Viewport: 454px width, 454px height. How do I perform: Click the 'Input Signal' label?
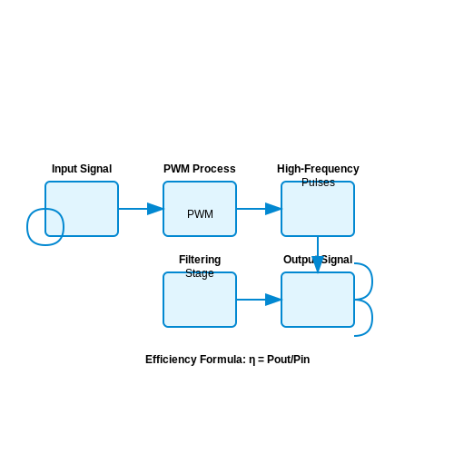(82, 169)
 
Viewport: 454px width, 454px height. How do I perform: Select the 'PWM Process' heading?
(200, 169)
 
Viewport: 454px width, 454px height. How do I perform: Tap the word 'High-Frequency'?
(318, 169)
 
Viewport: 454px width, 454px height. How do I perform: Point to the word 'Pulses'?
(318, 183)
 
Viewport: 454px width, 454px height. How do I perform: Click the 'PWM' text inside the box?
(200, 214)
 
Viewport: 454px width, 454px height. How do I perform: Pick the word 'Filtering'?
(200, 260)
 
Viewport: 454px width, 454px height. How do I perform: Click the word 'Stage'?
(200, 273)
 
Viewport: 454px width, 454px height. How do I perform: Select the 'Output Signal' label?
(318, 260)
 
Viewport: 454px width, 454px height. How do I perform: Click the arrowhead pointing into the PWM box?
(155, 209)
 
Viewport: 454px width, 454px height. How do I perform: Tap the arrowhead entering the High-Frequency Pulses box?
(273, 209)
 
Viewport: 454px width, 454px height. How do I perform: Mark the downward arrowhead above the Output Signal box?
(318, 264)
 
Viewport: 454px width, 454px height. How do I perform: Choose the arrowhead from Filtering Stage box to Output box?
(273, 300)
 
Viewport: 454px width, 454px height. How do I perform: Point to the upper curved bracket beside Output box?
(372, 281)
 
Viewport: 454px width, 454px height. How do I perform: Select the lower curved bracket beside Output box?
(372, 318)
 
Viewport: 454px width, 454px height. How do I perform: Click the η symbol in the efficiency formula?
(252, 360)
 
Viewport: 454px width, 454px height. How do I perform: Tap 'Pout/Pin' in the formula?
(289, 360)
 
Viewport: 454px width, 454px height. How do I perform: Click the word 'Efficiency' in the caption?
(171, 360)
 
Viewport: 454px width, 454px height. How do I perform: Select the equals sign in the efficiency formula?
(262, 360)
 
